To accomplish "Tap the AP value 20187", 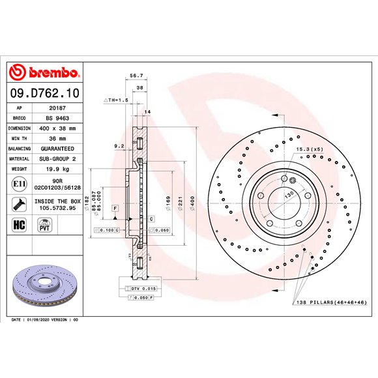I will pos(58,108).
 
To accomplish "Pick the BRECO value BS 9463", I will pos(58,118).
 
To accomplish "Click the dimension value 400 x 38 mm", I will pos(58,128).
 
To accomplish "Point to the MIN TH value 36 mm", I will pos(58,138).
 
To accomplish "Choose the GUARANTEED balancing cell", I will pos(58,149).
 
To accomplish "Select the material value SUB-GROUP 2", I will pos(58,158).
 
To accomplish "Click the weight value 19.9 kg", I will pos(58,169).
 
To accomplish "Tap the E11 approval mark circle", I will pos(19,184).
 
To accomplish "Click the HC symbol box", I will pos(19,225).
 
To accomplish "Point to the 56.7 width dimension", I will pos(136,76).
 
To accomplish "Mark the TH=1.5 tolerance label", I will pos(117,100).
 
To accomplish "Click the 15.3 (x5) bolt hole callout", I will pos(310,150).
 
